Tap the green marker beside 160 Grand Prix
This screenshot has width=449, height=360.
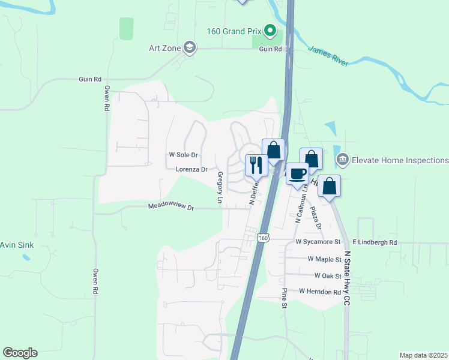(x=270, y=29)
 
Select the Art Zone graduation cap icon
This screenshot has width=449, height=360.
(x=190, y=48)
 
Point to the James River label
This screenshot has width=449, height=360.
(x=328, y=56)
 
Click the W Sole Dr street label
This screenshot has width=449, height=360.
(x=183, y=155)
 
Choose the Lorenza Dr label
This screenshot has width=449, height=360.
(x=191, y=169)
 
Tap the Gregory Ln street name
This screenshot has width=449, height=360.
(x=220, y=187)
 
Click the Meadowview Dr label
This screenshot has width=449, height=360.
(x=171, y=207)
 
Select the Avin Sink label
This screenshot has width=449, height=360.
(x=17, y=245)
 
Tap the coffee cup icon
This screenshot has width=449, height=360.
(x=297, y=173)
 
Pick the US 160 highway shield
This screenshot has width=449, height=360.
(x=263, y=238)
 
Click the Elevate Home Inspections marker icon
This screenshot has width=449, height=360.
(x=343, y=160)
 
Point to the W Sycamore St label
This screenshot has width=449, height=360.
(x=318, y=242)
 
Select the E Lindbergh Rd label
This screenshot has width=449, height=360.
(x=375, y=242)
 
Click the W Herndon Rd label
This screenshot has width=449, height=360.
(x=320, y=291)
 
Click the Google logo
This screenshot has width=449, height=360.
(x=20, y=353)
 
